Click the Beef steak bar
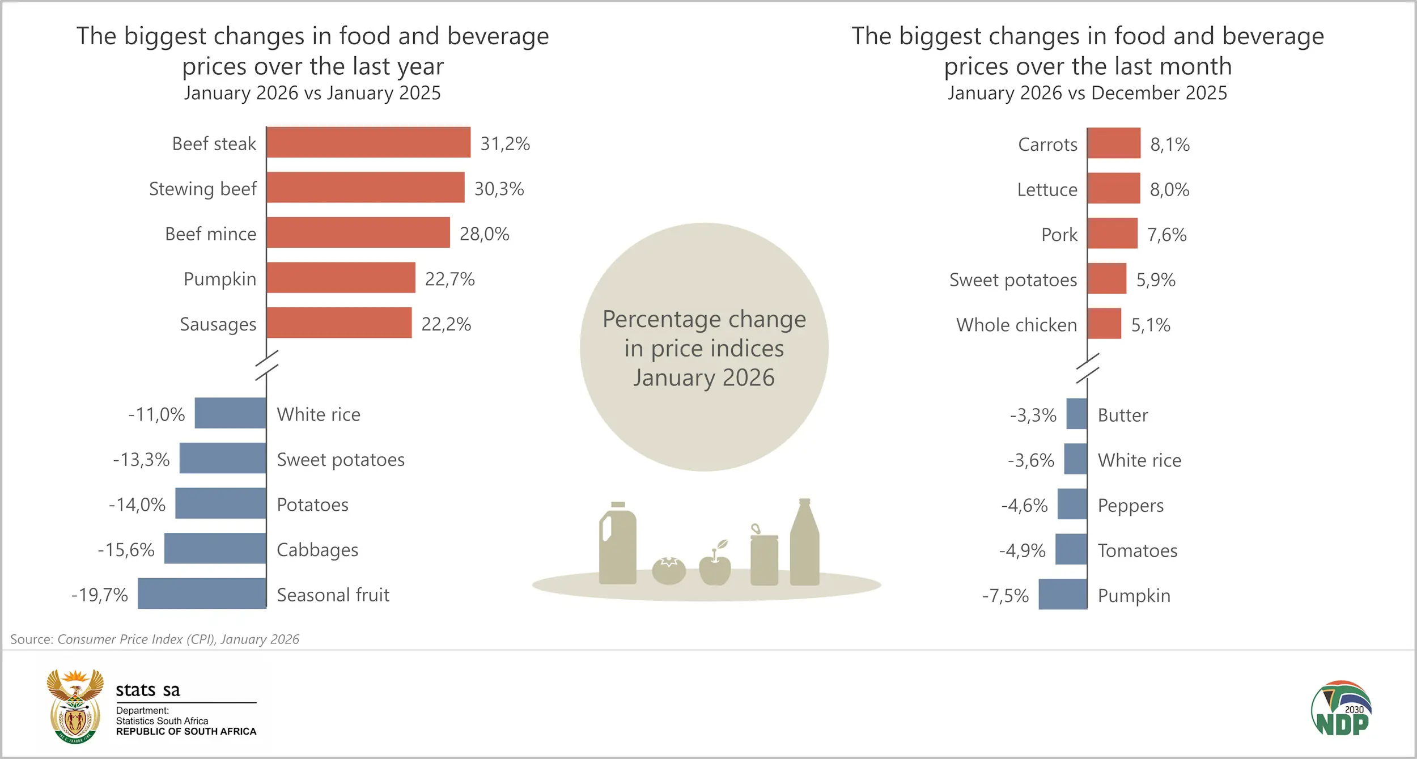pos(368,142)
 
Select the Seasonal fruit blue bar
pos(202,593)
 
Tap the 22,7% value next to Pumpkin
pos(449,279)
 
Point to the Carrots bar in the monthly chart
pos(1114,143)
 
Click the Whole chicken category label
pos(1016,325)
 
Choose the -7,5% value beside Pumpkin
pos(1005,596)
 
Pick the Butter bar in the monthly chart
pos(1076,414)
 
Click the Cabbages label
pos(317,550)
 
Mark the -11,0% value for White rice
pos(156,414)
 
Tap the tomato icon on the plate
pos(669,570)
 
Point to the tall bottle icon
pos(804,544)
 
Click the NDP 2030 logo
pos(1341,709)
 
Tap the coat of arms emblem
pos(75,706)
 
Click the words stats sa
pos(147,690)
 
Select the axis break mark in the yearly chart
pos(266,365)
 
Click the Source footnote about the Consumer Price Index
pos(155,639)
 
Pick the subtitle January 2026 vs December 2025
pos(1087,93)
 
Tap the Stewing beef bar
pos(366,188)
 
